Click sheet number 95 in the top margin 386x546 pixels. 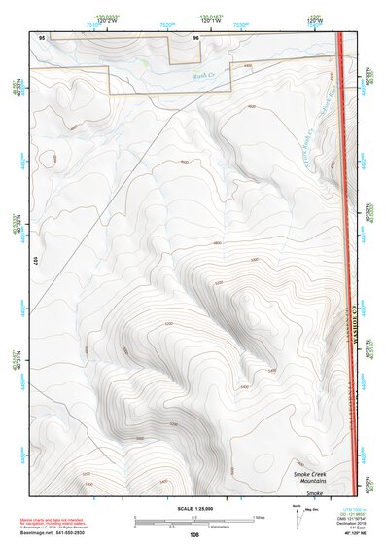(41, 37)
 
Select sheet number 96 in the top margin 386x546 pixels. (196, 37)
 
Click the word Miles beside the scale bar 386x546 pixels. (257, 517)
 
